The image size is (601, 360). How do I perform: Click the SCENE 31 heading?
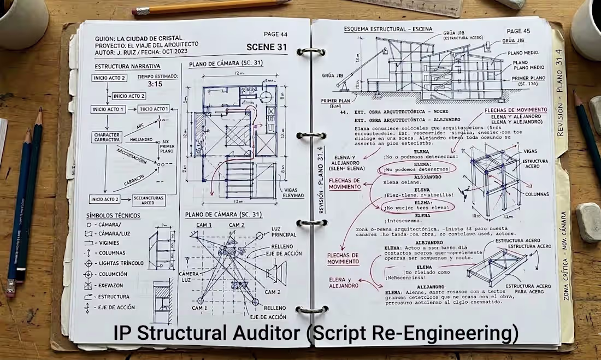point(266,47)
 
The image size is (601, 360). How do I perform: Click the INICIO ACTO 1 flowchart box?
point(109,109)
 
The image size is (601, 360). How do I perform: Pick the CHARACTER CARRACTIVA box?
point(107,137)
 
